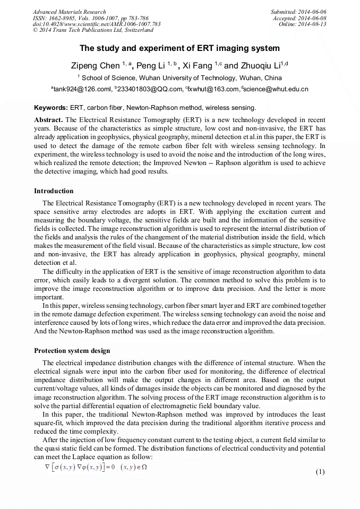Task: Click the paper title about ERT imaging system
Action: [179, 48]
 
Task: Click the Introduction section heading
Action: [54, 191]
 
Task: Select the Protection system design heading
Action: [72, 351]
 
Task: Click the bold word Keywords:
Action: [50, 107]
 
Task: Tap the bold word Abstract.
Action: [48, 120]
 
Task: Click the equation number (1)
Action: [320, 472]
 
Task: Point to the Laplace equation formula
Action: [96, 467]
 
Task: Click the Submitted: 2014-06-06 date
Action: [298, 12]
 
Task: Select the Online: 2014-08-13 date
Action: [302, 24]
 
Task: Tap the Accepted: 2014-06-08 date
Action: [299, 18]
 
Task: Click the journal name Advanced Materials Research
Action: [69, 12]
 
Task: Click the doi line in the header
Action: [97, 24]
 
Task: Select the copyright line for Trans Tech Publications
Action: [93, 30]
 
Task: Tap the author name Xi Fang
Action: [202, 66]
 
